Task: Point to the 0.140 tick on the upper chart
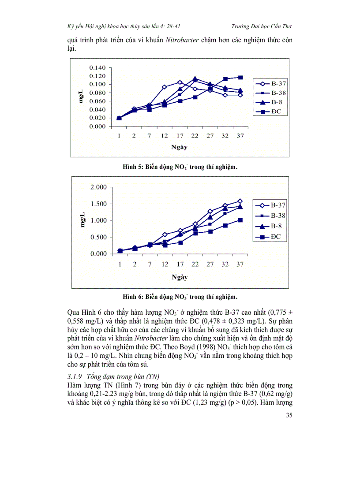(x=97, y=67)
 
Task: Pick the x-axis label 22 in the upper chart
(x=195, y=136)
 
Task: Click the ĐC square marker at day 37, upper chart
(x=240, y=78)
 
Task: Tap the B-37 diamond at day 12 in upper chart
(x=164, y=87)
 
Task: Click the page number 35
(x=289, y=415)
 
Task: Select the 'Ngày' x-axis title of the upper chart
(x=179, y=147)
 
